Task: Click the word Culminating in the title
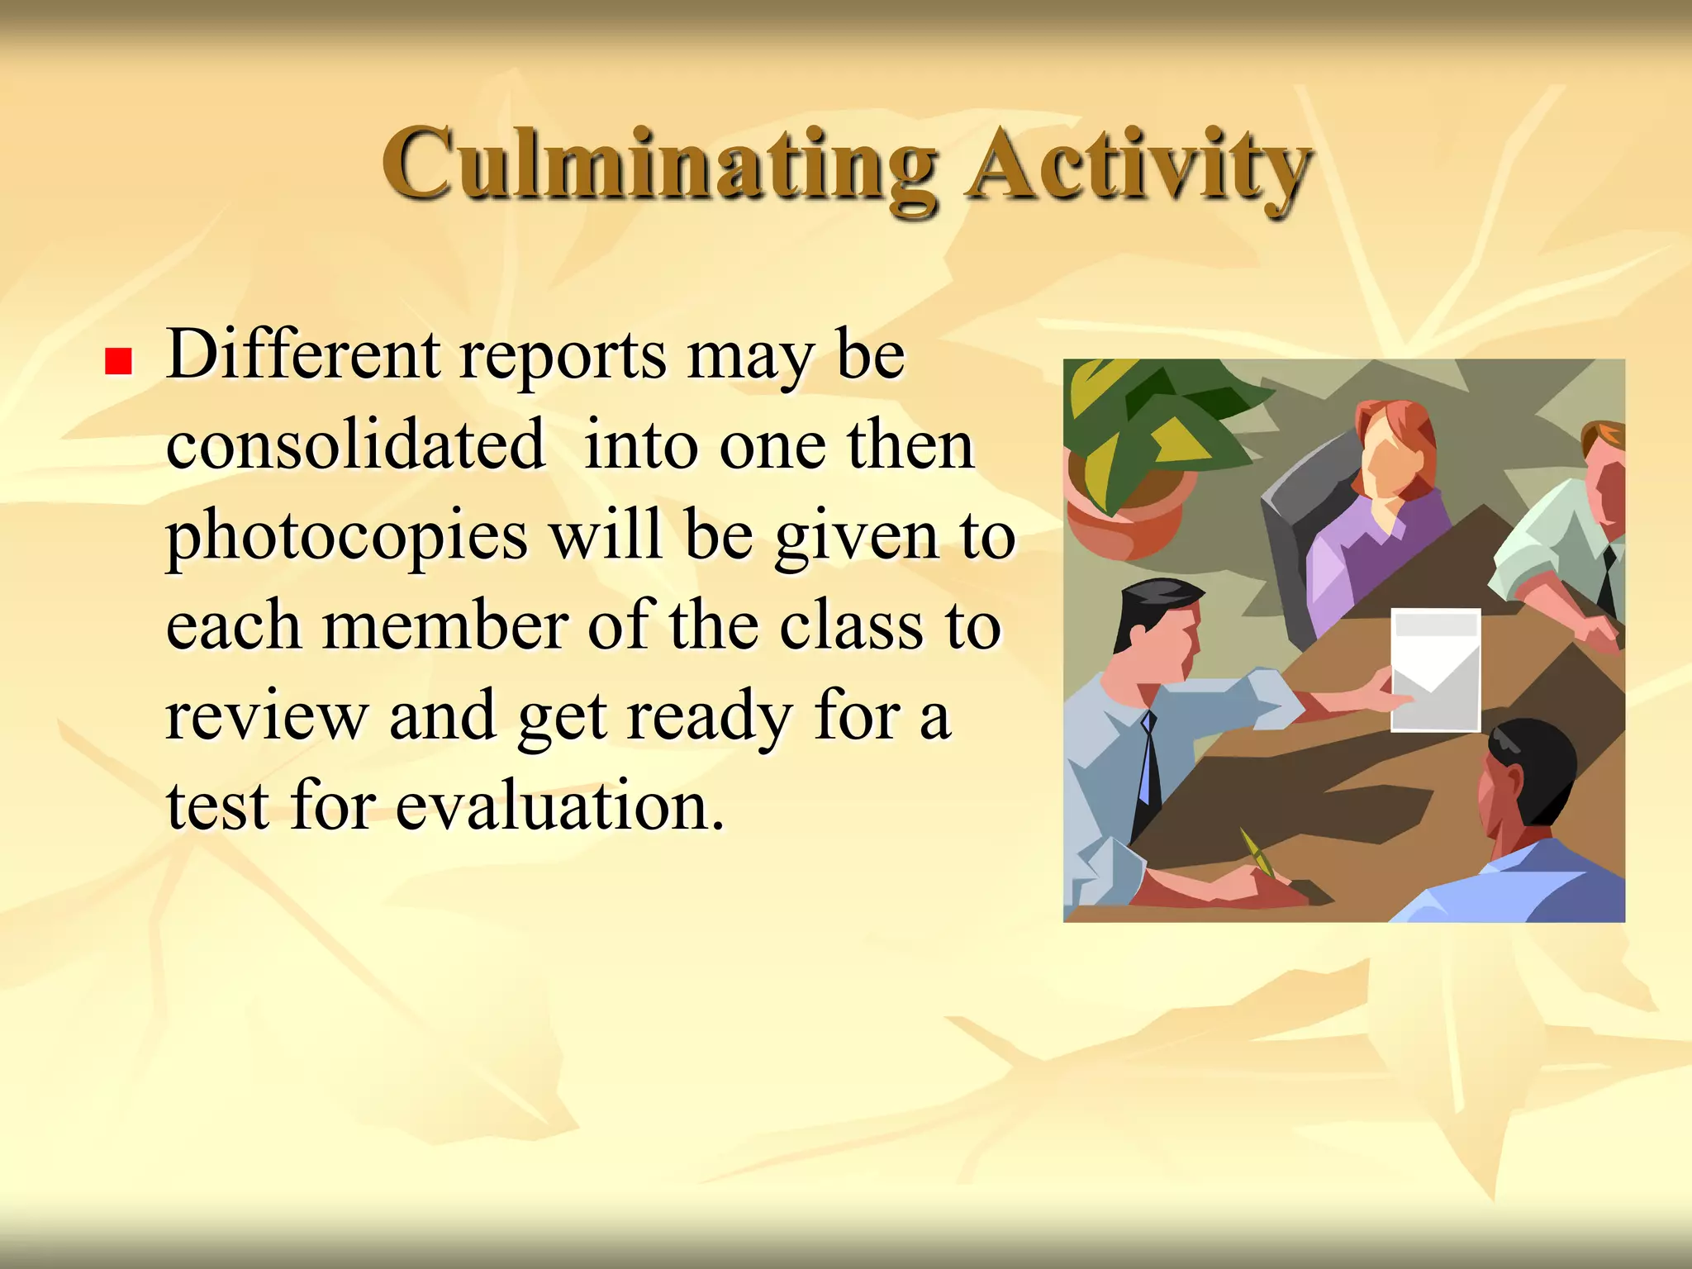tap(659, 165)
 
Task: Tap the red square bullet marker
tap(119, 361)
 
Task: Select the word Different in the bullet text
tap(302, 355)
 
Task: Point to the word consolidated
tap(355, 445)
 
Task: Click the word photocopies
tap(347, 537)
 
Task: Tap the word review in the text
tap(266, 716)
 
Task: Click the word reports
tap(562, 357)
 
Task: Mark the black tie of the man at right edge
tap(1607, 578)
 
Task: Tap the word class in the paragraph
tap(851, 626)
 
